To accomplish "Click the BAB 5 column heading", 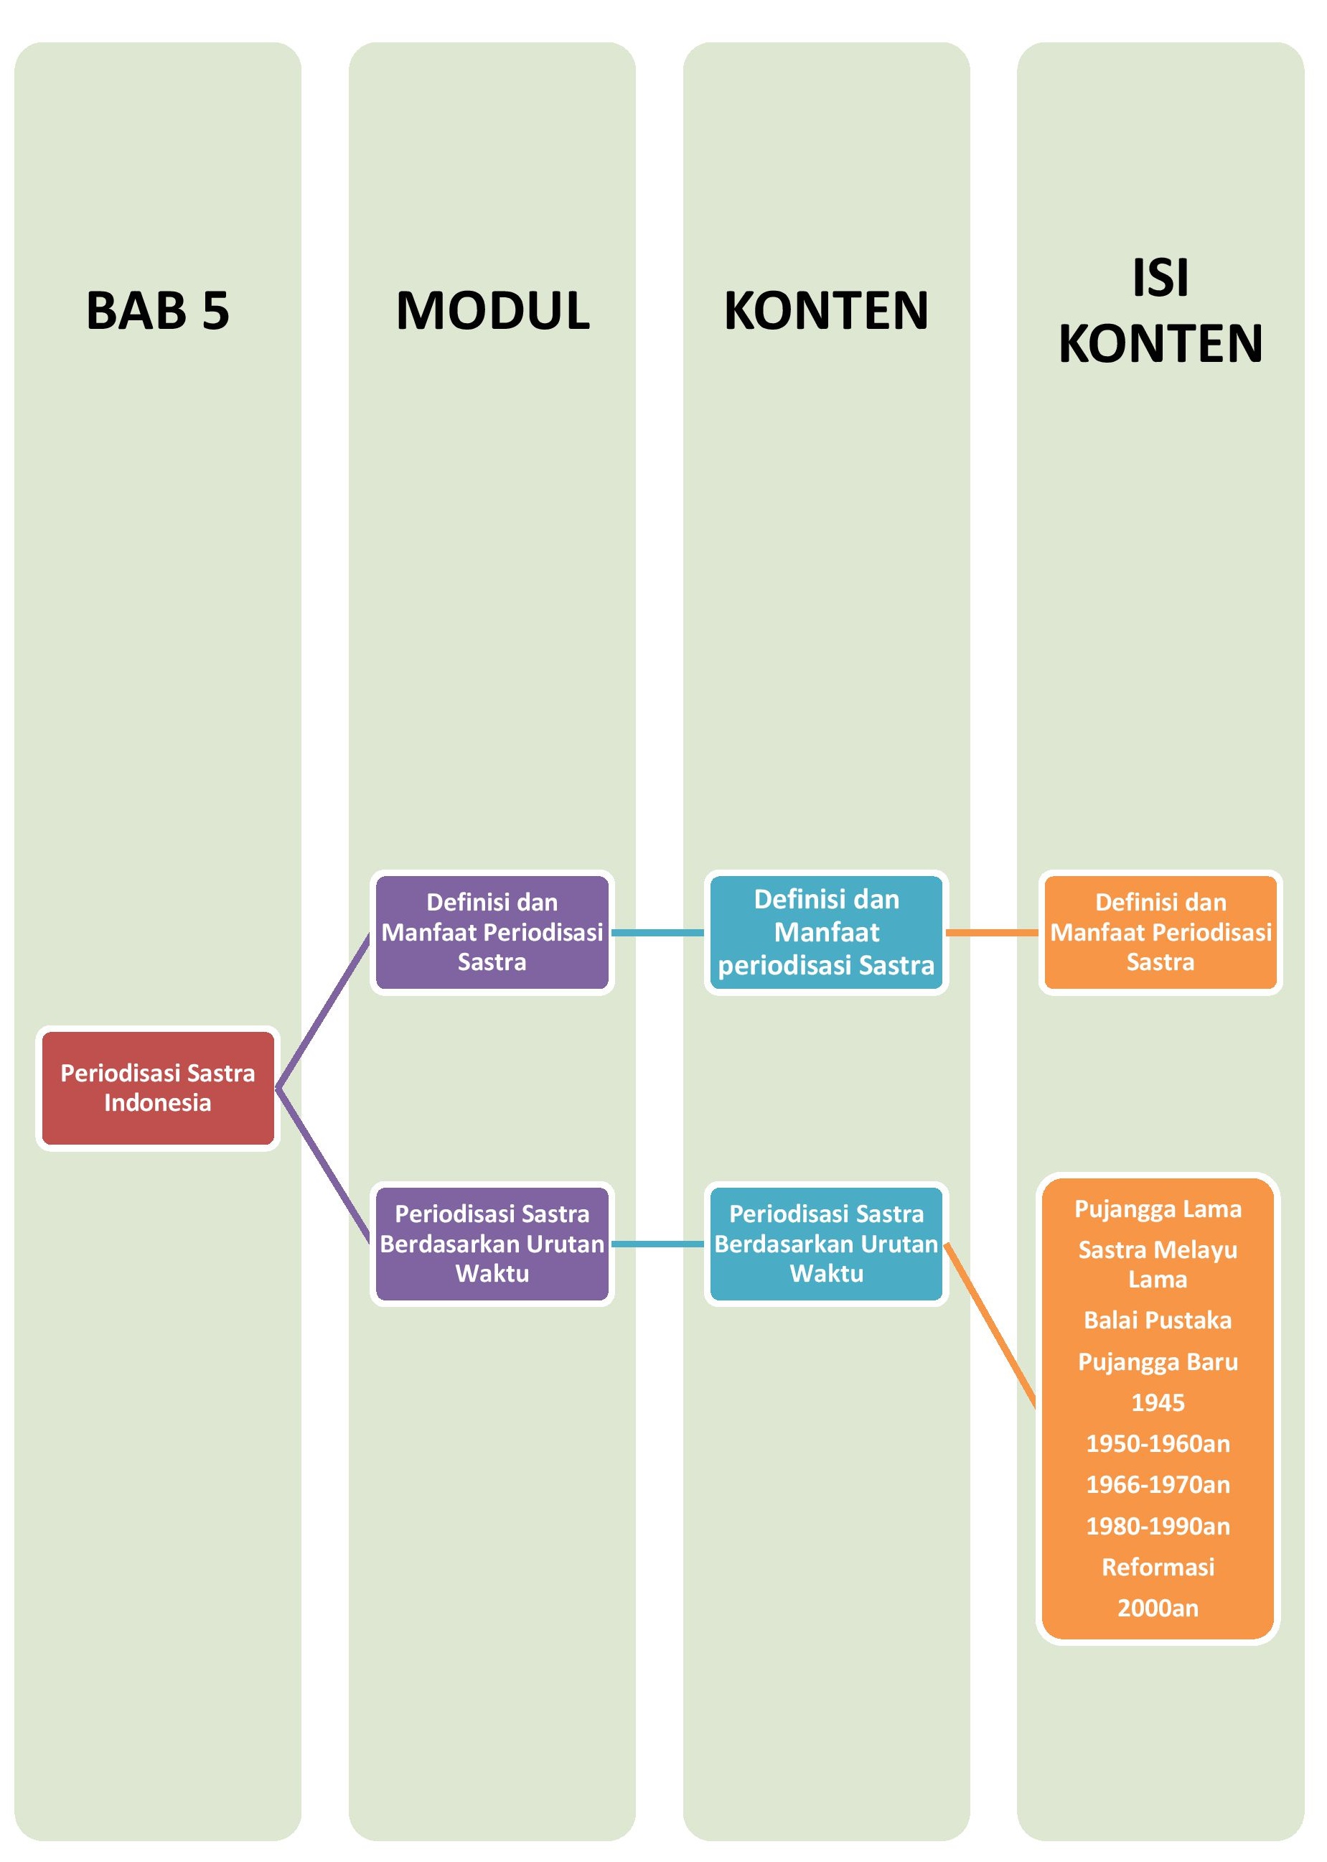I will (158, 311).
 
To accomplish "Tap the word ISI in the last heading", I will (1160, 278).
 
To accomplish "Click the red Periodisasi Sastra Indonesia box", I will (158, 1088).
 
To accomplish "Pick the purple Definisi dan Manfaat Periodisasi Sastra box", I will (492, 932).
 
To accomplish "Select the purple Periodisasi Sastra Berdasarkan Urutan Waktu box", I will (492, 1243).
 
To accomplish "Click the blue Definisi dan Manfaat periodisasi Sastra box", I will (826, 932).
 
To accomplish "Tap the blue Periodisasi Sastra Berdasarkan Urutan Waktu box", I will (826, 1243).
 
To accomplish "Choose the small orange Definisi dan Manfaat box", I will (1160, 932).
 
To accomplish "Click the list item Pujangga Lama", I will (1158, 1209).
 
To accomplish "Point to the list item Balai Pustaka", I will (1158, 1320).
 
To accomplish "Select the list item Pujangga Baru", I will (1158, 1361).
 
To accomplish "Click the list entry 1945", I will (1158, 1402).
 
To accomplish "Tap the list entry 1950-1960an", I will (1158, 1443).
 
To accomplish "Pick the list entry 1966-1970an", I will (1158, 1484).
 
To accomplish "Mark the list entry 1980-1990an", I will (1158, 1526).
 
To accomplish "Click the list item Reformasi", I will (1158, 1567).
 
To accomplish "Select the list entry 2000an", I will (1158, 1608).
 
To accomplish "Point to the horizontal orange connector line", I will (992, 932).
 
